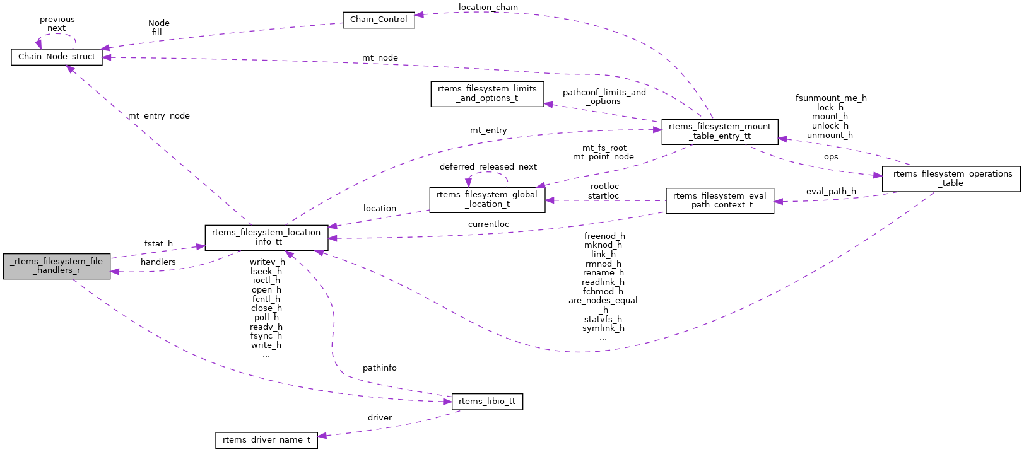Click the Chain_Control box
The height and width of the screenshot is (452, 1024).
pyautogui.click(x=379, y=20)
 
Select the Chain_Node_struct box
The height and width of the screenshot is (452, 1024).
pyautogui.click(x=57, y=57)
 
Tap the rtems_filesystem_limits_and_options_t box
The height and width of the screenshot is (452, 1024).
pyautogui.click(x=487, y=93)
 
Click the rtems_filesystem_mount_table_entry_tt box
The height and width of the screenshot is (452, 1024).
pyautogui.click(x=719, y=131)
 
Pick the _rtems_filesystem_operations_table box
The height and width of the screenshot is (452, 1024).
pyautogui.click(x=950, y=178)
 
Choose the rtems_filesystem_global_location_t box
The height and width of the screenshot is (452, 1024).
pyautogui.click(x=487, y=199)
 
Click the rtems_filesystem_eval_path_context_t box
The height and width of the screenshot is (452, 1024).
pyautogui.click(x=719, y=200)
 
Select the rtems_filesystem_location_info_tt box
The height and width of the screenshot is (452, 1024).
pyautogui.click(x=266, y=237)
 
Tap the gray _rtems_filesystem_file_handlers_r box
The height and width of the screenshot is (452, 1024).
pyautogui.click(x=57, y=266)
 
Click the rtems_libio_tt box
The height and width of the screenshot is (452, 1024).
pyautogui.click(x=487, y=402)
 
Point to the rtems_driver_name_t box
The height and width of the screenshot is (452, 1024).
pyautogui.click(x=266, y=440)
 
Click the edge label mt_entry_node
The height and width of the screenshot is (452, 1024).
pyautogui.click(x=159, y=116)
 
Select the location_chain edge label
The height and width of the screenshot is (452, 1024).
pyautogui.click(x=488, y=8)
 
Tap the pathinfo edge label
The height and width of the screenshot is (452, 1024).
pyautogui.click(x=380, y=368)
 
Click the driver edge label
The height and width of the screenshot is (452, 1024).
pyautogui.click(x=380, y=418)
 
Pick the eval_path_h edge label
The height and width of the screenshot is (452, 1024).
pyautogui.click(x=831, y=192)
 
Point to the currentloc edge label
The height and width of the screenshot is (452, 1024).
pyautogui.click(x=488, y=224)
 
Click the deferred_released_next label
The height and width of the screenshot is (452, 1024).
pyautogui.click(x=488, y=167)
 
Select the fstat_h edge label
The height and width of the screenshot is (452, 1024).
pyautogui.click(x=158, y=244)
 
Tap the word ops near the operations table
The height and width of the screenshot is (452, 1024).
pyautogui.click(x=831, y=157)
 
